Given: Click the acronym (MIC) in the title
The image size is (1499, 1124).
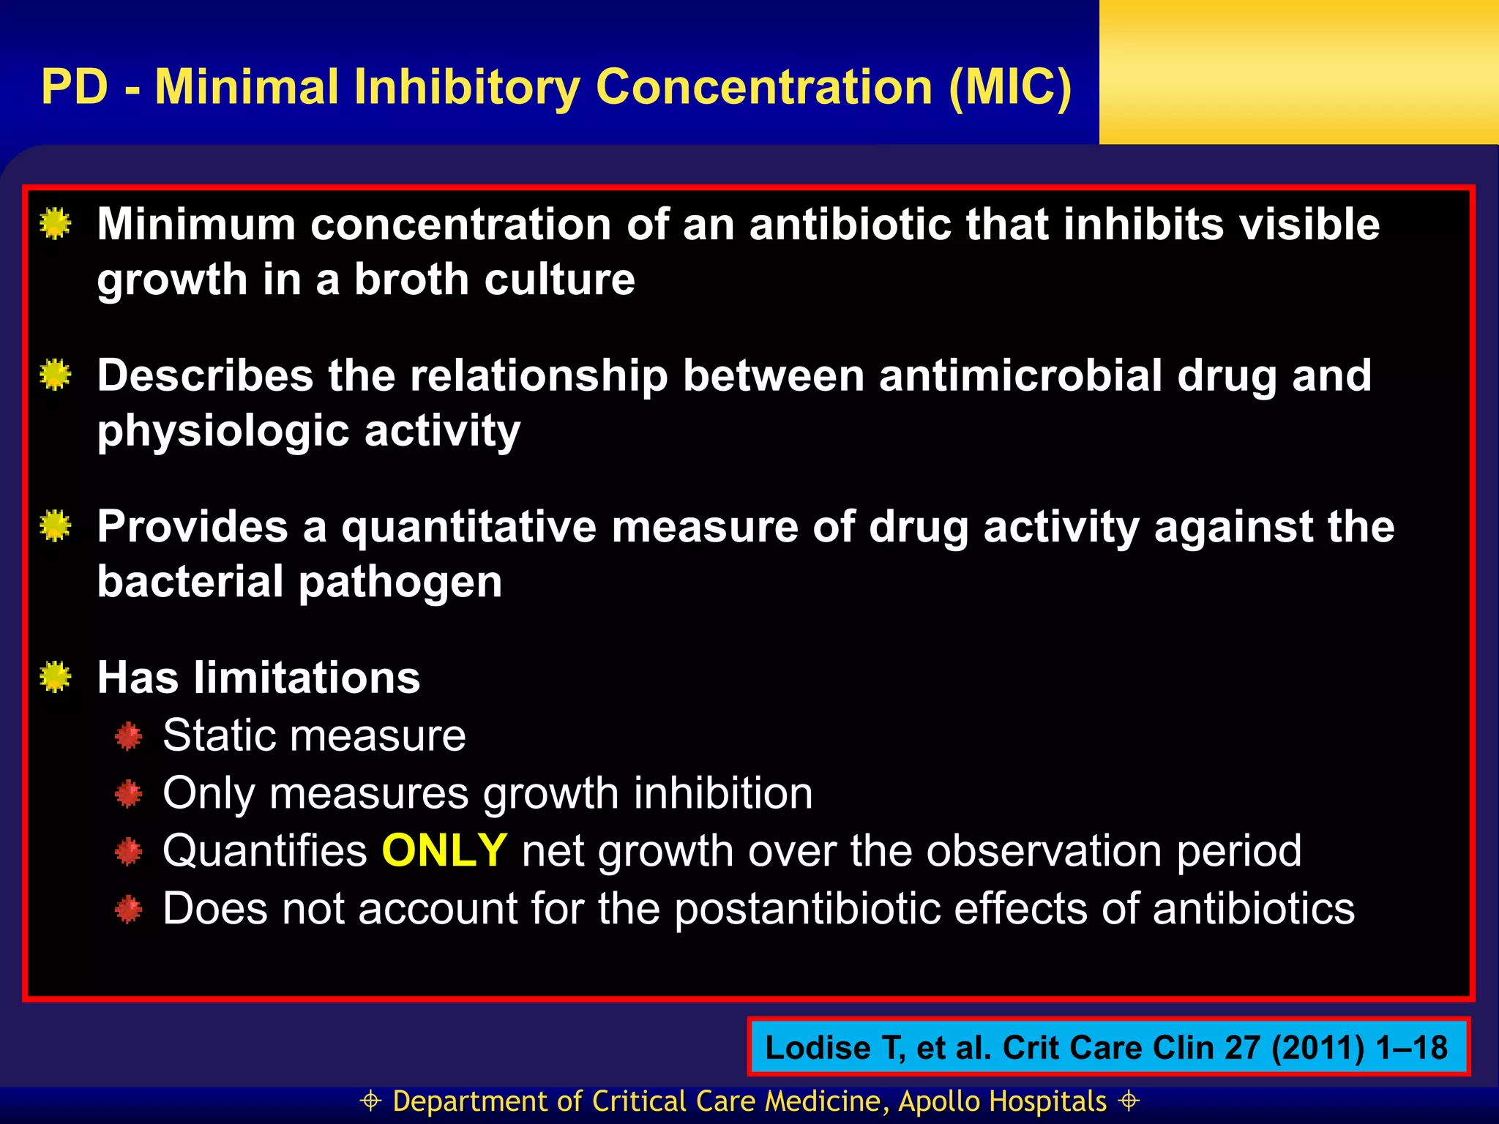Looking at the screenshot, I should (1009, 88).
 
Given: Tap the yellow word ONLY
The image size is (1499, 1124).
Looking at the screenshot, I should (444, 851).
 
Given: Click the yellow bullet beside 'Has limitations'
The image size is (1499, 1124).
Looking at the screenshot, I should (56, 677).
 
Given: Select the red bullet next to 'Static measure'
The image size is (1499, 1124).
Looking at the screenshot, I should (129, 736).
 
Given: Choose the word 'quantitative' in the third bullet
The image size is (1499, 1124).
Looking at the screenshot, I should (469, 527).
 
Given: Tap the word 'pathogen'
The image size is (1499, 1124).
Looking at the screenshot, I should (400, 582).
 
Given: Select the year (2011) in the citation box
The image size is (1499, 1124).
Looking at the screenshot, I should (1317, 1048).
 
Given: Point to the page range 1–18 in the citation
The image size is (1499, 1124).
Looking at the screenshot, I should (1410, 1048).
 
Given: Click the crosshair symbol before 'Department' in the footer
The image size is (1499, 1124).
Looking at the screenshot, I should (371, 1101).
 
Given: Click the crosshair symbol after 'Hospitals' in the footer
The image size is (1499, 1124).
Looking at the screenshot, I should (1129, 1101).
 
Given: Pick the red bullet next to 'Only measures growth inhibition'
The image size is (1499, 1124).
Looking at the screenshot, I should (129, 794).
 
